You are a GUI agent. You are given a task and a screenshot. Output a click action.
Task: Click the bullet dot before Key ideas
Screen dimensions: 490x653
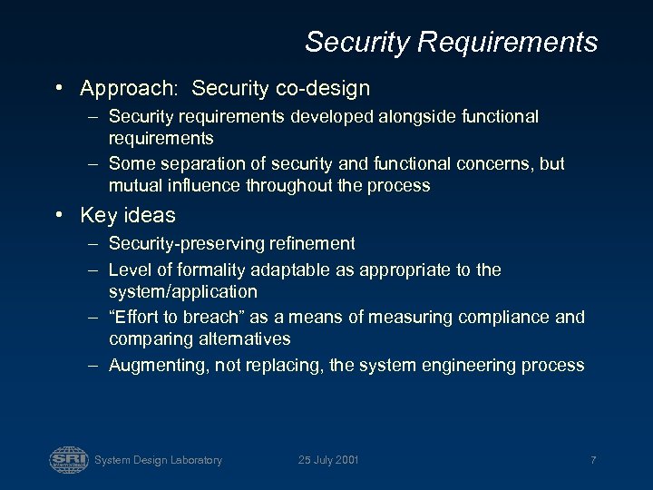59,216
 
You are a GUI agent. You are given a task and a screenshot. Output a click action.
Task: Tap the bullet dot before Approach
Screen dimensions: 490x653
59,89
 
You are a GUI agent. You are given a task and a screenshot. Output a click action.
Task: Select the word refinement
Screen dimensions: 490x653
314,244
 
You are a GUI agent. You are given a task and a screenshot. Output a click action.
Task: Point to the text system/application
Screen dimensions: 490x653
183,291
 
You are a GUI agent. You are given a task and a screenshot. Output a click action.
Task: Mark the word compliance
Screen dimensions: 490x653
502,317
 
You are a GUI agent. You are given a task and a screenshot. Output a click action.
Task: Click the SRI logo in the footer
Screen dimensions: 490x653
68,459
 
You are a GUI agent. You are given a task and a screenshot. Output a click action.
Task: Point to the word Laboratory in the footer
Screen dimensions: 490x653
194,460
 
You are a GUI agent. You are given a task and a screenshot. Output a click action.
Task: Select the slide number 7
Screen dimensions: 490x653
592,460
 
